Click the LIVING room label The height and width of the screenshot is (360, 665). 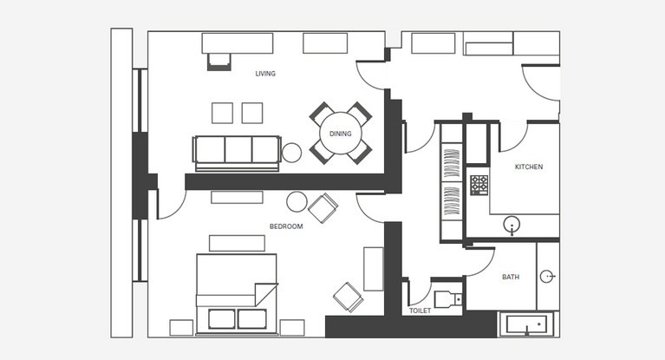(265, 74)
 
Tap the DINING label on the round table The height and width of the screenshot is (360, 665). (341, 134)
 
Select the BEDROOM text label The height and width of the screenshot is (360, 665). (286, 226)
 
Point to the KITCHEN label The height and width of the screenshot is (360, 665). (529, 167)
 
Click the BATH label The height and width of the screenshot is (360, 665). (511, 277)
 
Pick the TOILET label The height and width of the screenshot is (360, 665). (421, 311)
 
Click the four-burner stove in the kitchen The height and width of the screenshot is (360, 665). (479, 185)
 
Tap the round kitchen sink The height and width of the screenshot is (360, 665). (512, 225)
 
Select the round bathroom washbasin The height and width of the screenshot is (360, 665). (547, 277)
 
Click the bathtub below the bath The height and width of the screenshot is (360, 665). (527, 324)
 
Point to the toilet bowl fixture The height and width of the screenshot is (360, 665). (448, 299)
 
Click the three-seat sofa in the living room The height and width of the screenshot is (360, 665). (237, 154)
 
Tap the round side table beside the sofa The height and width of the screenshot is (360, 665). (292, 153)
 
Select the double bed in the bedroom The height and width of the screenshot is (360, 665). (237, 294)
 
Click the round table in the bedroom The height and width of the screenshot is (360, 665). (297, 201)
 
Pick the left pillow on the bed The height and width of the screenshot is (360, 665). (222, 319)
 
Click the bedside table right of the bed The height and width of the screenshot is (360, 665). (292, 328)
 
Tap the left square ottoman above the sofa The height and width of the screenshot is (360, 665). (222, 113)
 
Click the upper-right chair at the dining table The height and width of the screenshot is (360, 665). (360, 113)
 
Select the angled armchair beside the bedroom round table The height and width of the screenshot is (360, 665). (323, 207)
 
